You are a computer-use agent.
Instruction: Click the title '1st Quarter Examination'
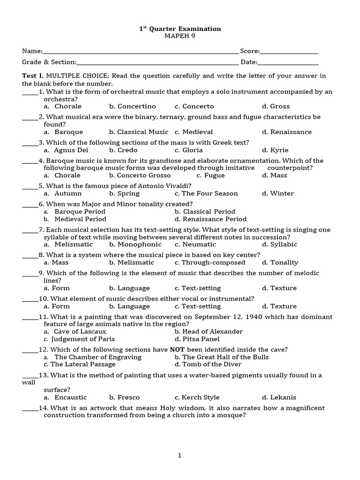click(180, 29)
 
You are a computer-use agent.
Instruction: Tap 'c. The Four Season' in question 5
click(206, 194)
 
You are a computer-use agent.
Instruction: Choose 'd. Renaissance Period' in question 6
click(210, 219)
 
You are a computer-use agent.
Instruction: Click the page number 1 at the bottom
click(180, 455)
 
